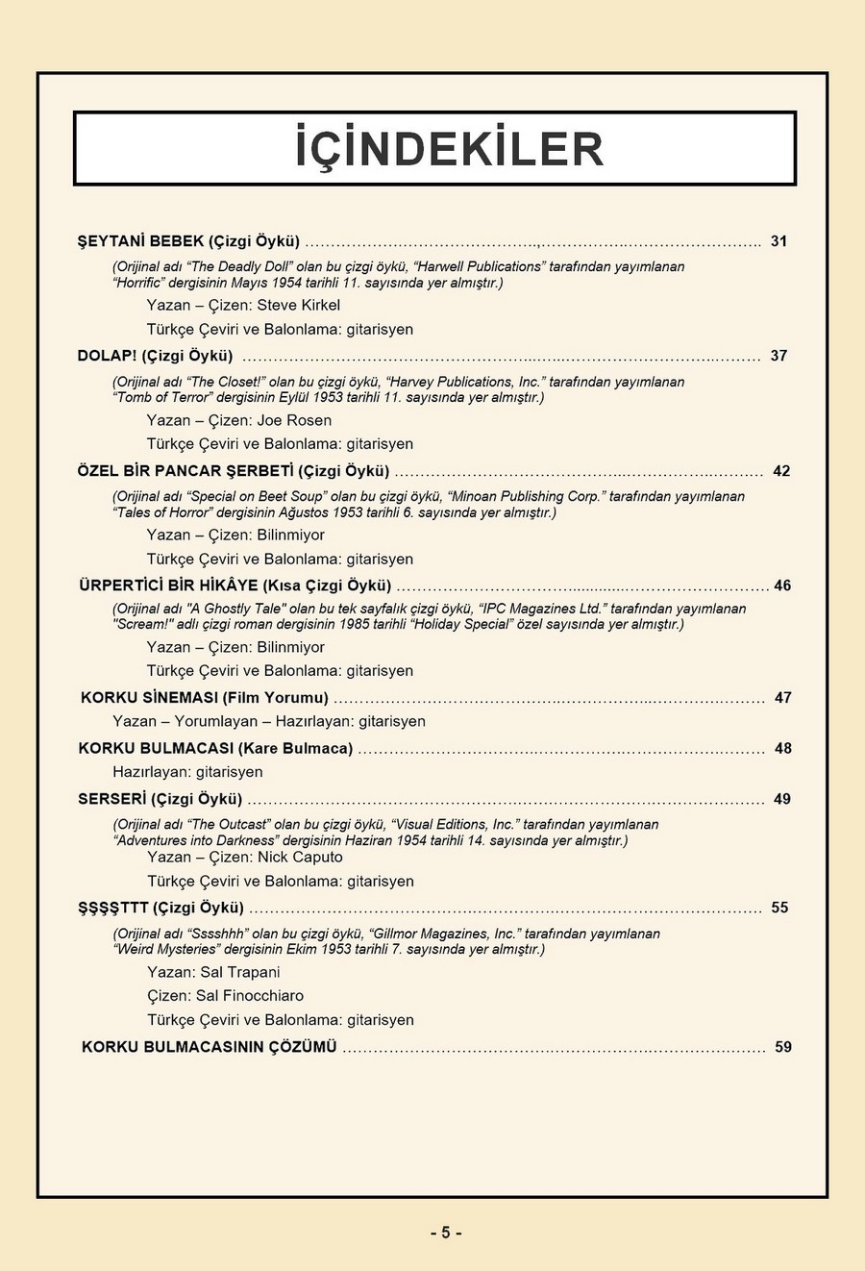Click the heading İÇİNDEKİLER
449,149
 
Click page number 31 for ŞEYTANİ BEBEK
778,241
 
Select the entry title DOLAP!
108,356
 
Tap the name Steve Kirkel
298,305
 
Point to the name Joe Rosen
294,420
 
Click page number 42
781,471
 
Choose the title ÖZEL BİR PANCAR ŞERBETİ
185,471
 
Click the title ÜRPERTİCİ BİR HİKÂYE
169,586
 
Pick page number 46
782,586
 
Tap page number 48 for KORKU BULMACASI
783,748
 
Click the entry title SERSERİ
112,799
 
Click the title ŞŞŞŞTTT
113,908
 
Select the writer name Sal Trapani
240,972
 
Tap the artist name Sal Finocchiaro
250,995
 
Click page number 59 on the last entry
783,1047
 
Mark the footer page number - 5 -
445,1233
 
